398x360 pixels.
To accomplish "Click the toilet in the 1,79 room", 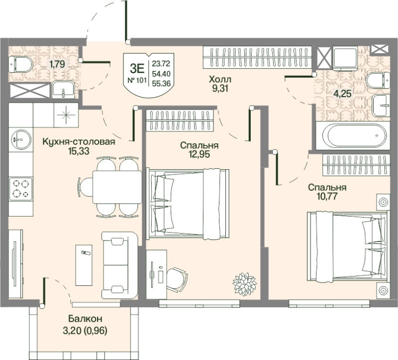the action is pos(21,64).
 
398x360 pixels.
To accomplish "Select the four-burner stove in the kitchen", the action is pos(21,189).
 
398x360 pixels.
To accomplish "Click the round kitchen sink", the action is pos(21,139).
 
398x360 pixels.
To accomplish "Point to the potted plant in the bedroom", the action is pos(245,284).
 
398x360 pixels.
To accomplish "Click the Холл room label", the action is pos(220,80).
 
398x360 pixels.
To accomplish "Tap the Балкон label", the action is pos(85,318).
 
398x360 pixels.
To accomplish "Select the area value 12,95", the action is pos(199,154).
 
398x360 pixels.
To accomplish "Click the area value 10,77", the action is pos(327,196).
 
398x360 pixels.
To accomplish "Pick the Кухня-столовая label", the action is pos(79,141).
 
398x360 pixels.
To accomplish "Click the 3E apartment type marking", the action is pos(137,68).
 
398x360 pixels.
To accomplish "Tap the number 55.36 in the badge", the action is pos(161,83).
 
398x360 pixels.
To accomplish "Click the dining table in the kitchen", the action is pos(117,187).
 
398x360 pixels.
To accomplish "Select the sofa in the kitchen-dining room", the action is pos(120,265).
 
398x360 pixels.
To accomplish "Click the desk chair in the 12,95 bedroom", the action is pos(177,279).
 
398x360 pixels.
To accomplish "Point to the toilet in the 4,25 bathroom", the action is pos(378,80).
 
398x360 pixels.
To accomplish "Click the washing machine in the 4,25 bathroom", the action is pos(345,58).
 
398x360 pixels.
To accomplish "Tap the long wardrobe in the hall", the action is pos(257,57).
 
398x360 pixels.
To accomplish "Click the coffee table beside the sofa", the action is pos(84,265).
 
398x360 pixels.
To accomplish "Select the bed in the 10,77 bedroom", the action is pos(348,246).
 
